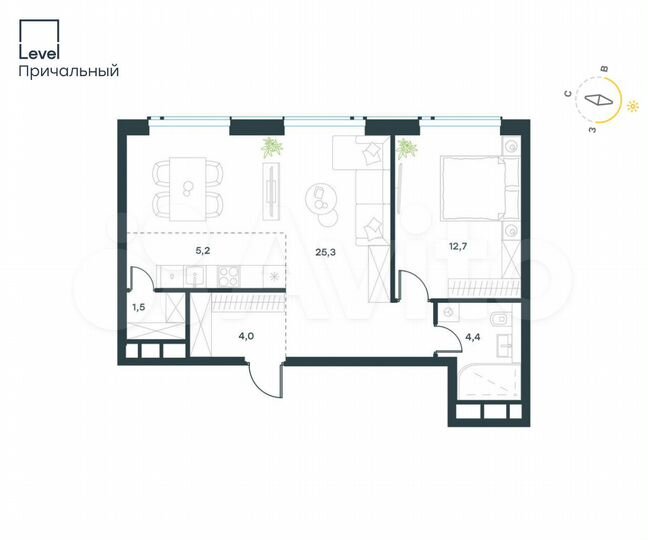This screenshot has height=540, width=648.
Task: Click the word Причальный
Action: pos(69,71)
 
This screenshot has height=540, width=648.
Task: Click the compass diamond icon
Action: pos(598,100)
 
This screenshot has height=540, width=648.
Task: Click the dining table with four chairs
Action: pos(187,188)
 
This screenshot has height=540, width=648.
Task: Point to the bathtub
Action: pos(485,382)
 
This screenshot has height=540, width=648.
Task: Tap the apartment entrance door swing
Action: pos(262,383)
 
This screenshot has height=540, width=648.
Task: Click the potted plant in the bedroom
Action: pos(407,151)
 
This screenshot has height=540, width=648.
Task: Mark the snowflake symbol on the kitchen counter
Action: pos(273,274)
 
